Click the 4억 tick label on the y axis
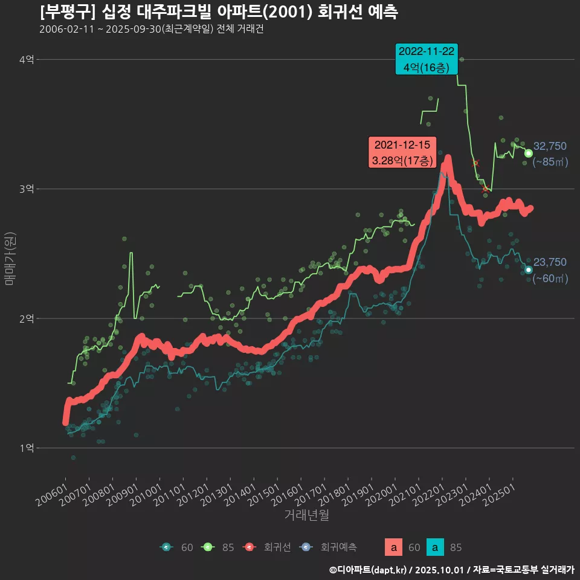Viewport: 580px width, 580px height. (x=27, y=59)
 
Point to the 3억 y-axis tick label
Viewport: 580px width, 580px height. (x=27, y=189)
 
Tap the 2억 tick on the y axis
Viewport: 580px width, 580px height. (x=27, y=318)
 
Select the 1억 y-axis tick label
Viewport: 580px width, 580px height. (x=27, y=448)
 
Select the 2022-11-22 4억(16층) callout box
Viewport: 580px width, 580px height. (x=426, y=59)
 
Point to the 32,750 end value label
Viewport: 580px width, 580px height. (x=550, y=146)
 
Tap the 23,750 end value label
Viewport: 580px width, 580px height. (x=550, y=262)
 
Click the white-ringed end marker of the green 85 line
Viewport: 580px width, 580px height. (x=529, y=153)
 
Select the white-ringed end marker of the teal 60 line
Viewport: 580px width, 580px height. (x=529, y=270)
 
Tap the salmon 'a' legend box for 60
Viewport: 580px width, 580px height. (x=394, y=547)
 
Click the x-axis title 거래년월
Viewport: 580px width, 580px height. (x=306, y=515)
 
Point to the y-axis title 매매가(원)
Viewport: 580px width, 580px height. (x=10, y=258)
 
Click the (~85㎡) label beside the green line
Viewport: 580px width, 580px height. (x=550, y=162)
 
